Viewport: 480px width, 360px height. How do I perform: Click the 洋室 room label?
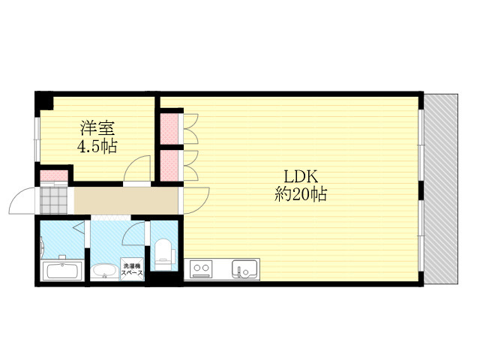click(97, 128)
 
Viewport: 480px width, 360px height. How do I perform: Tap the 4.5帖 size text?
click(97, 146)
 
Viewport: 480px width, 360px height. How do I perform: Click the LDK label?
click(301, 177)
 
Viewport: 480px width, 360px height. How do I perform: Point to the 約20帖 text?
click(301, 194)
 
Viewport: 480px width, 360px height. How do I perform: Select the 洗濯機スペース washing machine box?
click(132, 268)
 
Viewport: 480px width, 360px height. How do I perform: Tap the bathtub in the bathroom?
click(63, 271)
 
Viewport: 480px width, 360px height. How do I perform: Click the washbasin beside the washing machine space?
click(104, 271)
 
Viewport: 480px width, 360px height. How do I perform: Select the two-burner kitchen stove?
click(201, 269)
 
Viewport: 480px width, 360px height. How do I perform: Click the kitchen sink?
click(244, 269)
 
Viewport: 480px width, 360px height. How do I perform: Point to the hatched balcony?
click(441, 189)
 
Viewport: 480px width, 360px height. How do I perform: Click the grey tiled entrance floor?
click(54, 200)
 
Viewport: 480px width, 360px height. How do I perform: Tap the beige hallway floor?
click(126, 200)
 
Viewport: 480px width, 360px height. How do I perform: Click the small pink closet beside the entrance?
click(54, 175)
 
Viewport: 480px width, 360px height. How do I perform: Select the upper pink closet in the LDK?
click(169, 129)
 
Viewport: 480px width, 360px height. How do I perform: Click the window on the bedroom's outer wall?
click(37, 139)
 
